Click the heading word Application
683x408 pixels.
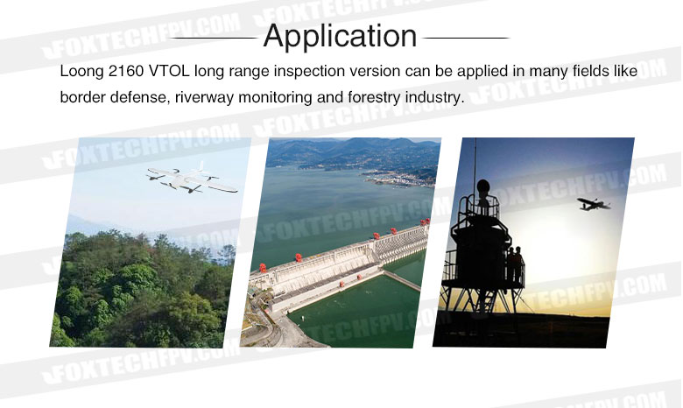pyautogui.click(x=341, y=36)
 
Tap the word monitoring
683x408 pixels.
pyautogui.click(x=275, y=97)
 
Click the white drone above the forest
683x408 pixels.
pyautogui.click(x=192, y=179)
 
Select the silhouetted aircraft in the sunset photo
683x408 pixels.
pyautogui.click(x=593, y=204)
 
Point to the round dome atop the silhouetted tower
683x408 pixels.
pyautogui.click(x=483, y=186)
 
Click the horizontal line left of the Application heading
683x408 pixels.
pyautogui.click(x=214, y=38)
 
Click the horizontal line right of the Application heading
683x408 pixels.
pyautogui.click(x=466, y=38)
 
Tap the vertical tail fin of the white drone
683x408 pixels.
pyautogui.click(x=201, y=167)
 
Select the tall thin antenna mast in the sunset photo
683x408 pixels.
pyautogui.click(x=475, y=165)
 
